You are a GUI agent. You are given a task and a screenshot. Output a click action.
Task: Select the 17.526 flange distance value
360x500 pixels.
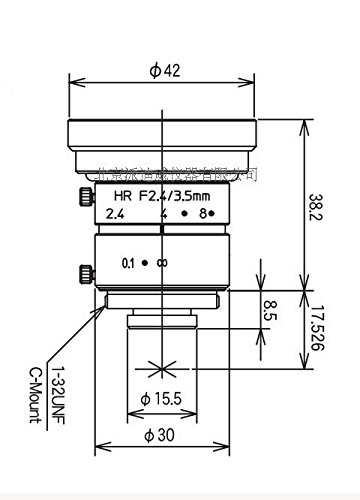(318, 330)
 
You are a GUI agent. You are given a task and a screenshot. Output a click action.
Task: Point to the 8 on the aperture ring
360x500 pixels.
(204, 213)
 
